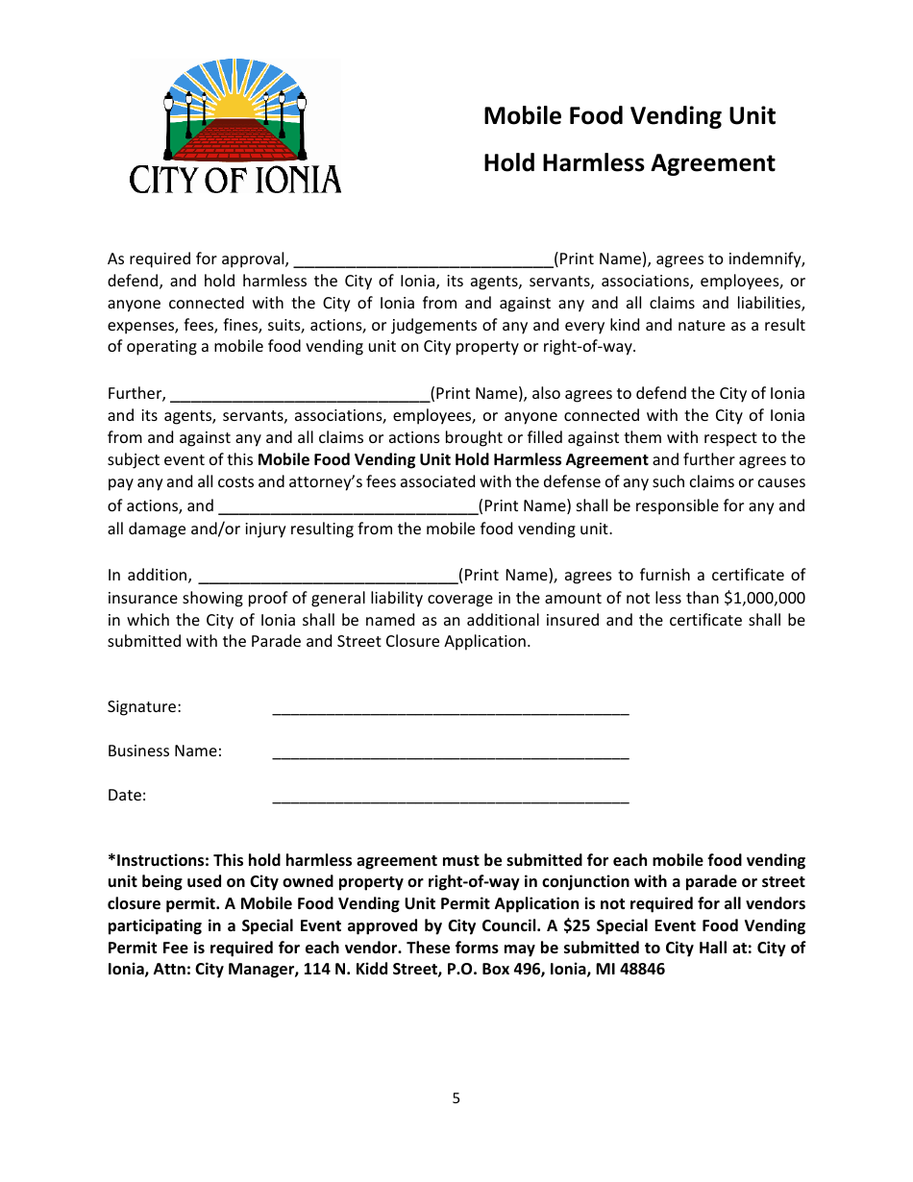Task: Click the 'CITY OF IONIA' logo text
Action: tap(235, 179)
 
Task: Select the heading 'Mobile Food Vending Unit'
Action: tap(629, 116)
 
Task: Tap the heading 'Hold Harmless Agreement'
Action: tap(629, 163)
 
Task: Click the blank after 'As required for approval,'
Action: tap(423, 259)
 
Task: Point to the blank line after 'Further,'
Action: tap(299, 394)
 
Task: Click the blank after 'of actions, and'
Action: tap(348, 506)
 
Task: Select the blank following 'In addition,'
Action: tap(328, 576)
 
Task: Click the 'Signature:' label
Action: tap(144, 707)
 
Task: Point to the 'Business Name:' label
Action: tap(164, 751)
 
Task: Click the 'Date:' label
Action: tap(127, 796)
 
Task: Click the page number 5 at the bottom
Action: tap(456, 1098)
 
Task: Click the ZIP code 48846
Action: tap(637, 970)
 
